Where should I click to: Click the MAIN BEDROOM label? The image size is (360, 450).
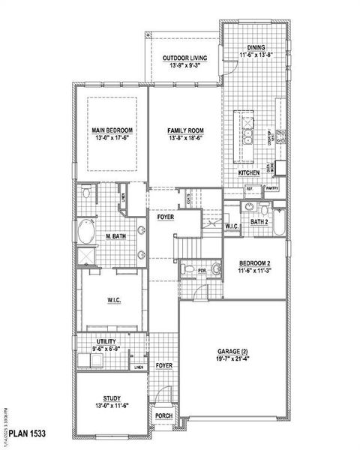109,130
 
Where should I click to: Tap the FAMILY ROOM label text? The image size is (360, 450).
184,130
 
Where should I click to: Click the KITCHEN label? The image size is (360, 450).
249,173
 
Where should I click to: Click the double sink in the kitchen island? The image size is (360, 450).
247,136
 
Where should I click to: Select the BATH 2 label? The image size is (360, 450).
259,222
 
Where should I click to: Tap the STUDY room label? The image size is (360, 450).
109,399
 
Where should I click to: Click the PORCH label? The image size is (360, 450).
163,415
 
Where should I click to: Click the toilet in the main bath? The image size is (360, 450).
86,193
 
